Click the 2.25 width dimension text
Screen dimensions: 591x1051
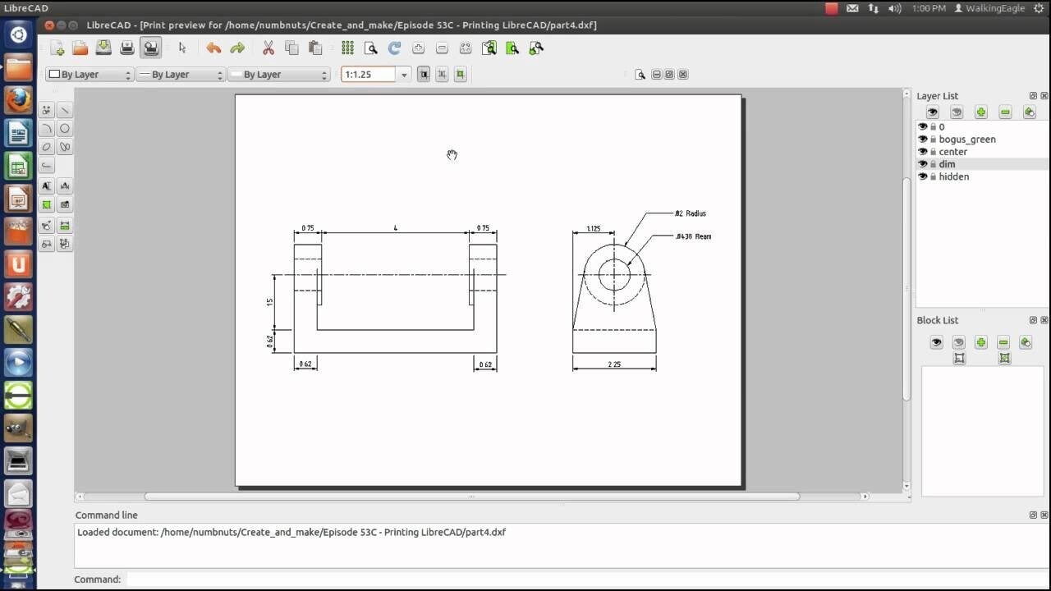(x=614, y=364)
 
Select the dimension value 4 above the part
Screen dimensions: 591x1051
(x=395, y=228)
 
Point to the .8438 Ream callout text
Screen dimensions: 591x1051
(x=693, y=236)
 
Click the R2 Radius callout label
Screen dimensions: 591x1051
(x=690, y=213)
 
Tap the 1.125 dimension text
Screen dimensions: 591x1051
(x=593, y=229)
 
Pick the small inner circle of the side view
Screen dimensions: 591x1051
(x=614, y=274)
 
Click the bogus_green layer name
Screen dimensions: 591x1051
(x=966, y=140)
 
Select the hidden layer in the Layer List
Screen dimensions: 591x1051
(x=953, y=176)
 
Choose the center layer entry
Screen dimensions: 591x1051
(x=952, y=152)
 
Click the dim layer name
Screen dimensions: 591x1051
(x=947, y=164)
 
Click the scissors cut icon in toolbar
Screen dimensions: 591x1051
(x=268, y=48)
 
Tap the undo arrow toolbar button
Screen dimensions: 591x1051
(x=213, y=48)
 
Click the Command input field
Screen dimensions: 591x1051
(x=575, y=580)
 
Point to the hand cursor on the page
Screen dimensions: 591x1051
(x=452, y=155)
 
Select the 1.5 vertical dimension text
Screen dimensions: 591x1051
(x=270, y=302)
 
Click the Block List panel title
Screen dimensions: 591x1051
(x=937, y=320)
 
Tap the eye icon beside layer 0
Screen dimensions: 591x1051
(x=922, y=127)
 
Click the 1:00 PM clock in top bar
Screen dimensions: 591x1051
(x=928, y=8)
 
